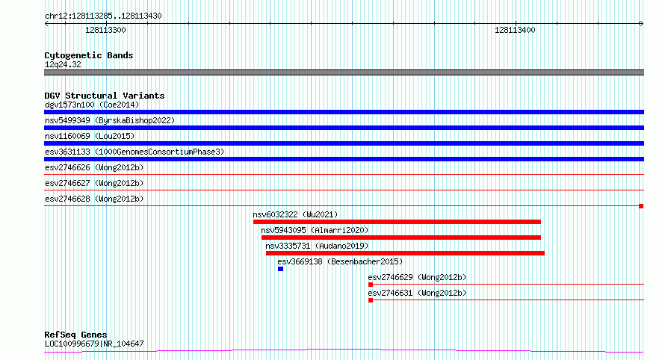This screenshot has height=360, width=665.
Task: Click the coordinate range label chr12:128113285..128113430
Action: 103,16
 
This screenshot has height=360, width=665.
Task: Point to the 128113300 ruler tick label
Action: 105,30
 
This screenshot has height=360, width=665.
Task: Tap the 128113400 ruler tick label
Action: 515,30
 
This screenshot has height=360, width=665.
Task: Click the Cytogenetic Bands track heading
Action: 89,55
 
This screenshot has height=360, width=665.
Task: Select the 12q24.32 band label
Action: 63,64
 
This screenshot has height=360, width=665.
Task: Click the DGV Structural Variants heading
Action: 105,96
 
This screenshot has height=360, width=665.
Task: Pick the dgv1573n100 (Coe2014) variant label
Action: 92,105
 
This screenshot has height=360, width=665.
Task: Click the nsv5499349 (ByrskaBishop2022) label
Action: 110,120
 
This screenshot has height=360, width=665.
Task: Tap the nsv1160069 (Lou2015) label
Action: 90,136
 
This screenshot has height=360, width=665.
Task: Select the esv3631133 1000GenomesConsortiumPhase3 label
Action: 134,152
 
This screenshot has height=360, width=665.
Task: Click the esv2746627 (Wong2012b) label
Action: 94,183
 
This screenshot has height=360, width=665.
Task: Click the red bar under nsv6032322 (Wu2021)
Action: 397,222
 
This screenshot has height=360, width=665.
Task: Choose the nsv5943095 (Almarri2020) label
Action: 315,230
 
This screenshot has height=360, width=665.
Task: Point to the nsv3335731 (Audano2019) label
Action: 317,246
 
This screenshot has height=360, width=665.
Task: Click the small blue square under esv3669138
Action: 280,269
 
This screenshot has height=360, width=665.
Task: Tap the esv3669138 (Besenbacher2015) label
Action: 340,261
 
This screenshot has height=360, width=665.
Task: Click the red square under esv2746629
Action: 371,285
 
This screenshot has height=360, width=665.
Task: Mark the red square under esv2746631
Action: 371,300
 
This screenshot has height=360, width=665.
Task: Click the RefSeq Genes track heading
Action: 76,335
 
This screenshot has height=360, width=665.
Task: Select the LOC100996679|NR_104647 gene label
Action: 94,344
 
